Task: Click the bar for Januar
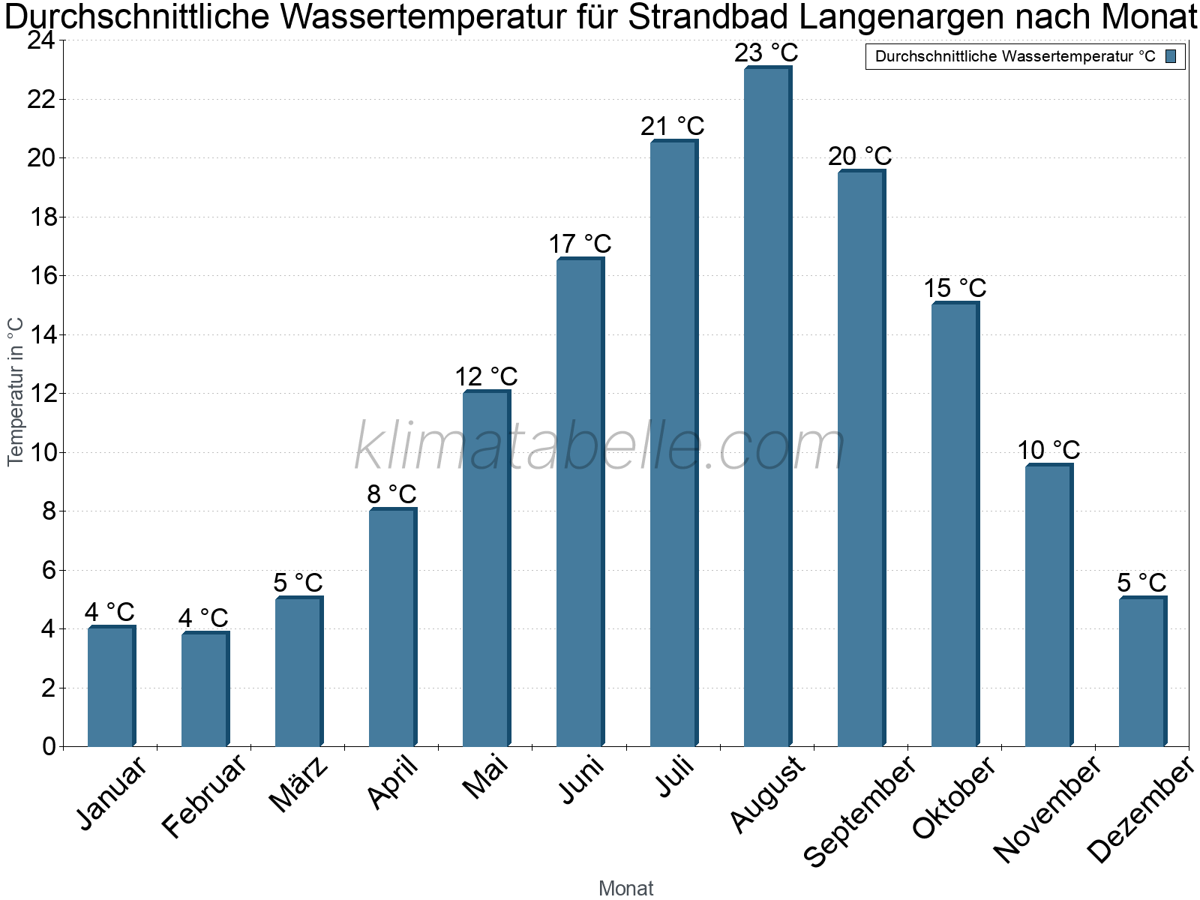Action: tap(111, 686)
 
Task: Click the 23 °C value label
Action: tap(766, 53)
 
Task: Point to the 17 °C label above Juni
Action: tap(580, 244)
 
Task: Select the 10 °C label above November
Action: tap(1048, 451)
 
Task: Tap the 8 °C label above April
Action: tap(391, 495)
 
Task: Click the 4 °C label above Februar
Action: tap(203, 618)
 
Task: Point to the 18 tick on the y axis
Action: tap(41, 217)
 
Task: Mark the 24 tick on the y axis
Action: tap(41, 40)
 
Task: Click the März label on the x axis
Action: tap(298, 785)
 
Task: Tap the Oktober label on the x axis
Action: tap(954, 799)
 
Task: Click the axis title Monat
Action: tap(625, 889)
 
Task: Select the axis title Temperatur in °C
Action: tap(16, 391)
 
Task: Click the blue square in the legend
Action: tap(1171, 56)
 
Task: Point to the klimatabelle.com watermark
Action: tap(600, 447)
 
